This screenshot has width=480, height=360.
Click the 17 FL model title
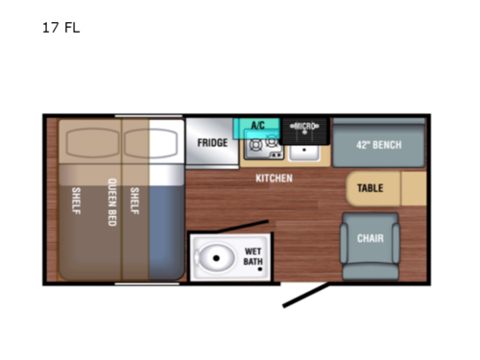pos(60,28)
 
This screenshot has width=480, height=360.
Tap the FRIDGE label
pos(212,143)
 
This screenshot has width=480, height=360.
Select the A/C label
pos(257,126)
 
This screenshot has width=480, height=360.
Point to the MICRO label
pos(304,126)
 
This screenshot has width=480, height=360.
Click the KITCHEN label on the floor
pos(274,179)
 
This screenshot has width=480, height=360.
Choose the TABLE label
pos(371,188)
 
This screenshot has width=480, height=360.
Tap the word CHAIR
pos(372,238)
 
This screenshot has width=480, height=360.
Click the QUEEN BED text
pos(112,201)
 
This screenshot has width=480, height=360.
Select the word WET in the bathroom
pos(252,251)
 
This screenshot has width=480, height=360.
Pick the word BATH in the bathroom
pos(252,261)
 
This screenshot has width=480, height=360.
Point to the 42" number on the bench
pos(365,146)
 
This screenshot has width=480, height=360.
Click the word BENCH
pos(389,146)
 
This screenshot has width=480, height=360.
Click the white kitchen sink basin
pos(305,149)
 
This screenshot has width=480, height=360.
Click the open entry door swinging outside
pos(307,294)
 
